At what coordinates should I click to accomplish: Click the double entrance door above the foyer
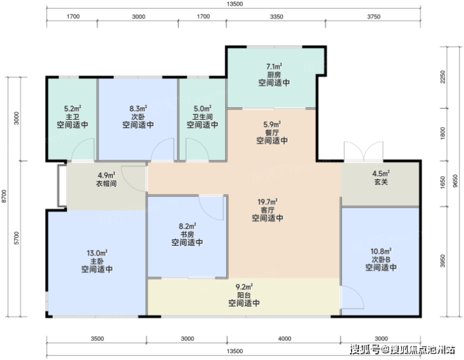tap(364, 151)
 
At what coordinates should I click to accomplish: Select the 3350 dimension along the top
tap(277, 16)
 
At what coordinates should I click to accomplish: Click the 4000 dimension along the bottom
tap(285, 339)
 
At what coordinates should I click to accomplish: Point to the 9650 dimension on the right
tap(455, 181)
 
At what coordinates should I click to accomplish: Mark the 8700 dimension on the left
tap(4, 196)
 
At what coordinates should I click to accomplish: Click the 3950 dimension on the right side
tap(443, 261)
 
